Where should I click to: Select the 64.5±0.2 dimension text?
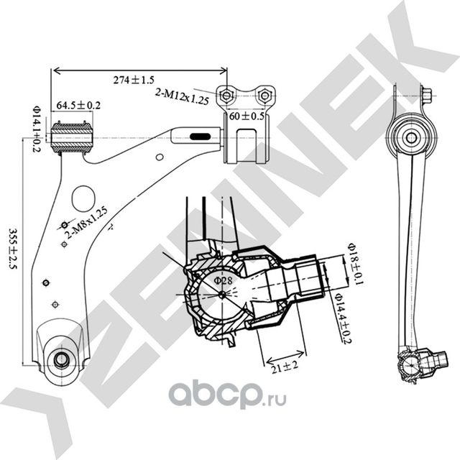click(78, 106)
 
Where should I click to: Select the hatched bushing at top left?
click(73, 137)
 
